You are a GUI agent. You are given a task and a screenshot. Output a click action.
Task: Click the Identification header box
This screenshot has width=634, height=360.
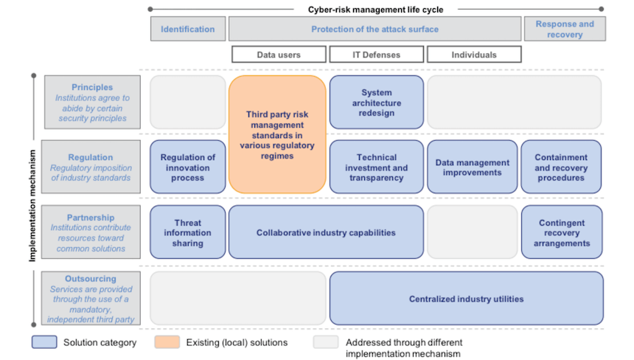click(x=188, y=29)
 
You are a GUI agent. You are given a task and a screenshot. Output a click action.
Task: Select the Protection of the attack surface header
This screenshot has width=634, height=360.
click(x=375, y=29)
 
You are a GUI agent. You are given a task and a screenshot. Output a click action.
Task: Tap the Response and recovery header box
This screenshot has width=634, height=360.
click(x=565, y=29)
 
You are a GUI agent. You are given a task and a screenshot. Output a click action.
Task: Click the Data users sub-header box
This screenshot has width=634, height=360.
click(x=279, y=55)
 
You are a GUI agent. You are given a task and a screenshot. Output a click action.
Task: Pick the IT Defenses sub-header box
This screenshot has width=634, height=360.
click(x=376, y=55)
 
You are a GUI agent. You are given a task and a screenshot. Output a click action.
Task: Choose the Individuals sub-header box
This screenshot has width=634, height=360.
click(x=474, y=55)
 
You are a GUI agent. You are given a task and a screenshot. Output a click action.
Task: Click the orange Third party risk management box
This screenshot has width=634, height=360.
click(x=277, y=135)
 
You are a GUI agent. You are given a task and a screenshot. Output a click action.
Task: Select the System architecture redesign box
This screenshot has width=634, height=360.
click(x=377, y=103)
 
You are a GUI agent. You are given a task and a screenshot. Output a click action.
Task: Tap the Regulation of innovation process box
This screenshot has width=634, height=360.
click(x=188, y=167)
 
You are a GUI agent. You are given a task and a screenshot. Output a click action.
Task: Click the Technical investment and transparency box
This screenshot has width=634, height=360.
click(x=377, y=167)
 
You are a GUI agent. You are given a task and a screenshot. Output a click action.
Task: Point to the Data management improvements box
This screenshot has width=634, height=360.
click(x=473, y=167)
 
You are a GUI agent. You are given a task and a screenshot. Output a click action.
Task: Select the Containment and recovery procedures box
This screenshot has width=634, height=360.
click(x=561, y=167)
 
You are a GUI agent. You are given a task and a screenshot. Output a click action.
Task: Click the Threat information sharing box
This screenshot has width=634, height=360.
click(x=188, y=232)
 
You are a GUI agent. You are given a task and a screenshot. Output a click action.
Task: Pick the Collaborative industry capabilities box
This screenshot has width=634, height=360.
click(x=326, y=232)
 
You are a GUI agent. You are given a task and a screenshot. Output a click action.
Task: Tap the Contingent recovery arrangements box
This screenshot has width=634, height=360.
click(x=561, y=232)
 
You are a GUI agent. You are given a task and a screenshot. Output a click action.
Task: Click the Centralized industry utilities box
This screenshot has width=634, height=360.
click(x=466, y=299)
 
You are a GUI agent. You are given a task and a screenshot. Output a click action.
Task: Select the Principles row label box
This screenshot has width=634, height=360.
click(x=92, y=103)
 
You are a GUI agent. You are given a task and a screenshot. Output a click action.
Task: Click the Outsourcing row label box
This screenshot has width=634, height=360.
click(x=92, y=299)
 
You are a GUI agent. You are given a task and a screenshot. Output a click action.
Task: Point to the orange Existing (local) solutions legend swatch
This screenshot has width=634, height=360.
click(x=167, y=342)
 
